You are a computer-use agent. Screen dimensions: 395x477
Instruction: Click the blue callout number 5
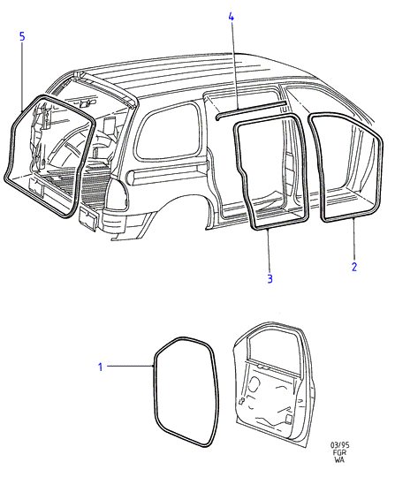[22, 37]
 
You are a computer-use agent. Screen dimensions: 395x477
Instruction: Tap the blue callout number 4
[232, 17]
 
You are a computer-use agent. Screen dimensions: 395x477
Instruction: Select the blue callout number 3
[270, 278]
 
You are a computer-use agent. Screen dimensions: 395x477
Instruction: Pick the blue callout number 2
[354, 267]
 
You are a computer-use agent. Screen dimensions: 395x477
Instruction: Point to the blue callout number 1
[101, 367]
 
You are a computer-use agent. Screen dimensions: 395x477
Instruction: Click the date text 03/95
[340, 445]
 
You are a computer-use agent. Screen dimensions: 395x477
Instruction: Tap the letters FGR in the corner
[340, 452]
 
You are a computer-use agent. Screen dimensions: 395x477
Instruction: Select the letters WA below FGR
[339, 459]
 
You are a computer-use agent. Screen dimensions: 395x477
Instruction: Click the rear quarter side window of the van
[168, 132]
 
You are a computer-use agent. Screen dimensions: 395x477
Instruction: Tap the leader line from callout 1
[130, 366]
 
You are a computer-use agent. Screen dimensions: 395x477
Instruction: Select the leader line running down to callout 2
[354, 239]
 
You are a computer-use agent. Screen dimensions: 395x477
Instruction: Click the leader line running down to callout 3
[269, 251]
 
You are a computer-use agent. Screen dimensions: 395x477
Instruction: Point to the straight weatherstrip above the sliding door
[251, 109]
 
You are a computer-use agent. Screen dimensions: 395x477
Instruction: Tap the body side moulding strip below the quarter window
[167, 173]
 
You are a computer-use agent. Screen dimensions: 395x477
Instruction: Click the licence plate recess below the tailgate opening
[88, 217]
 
